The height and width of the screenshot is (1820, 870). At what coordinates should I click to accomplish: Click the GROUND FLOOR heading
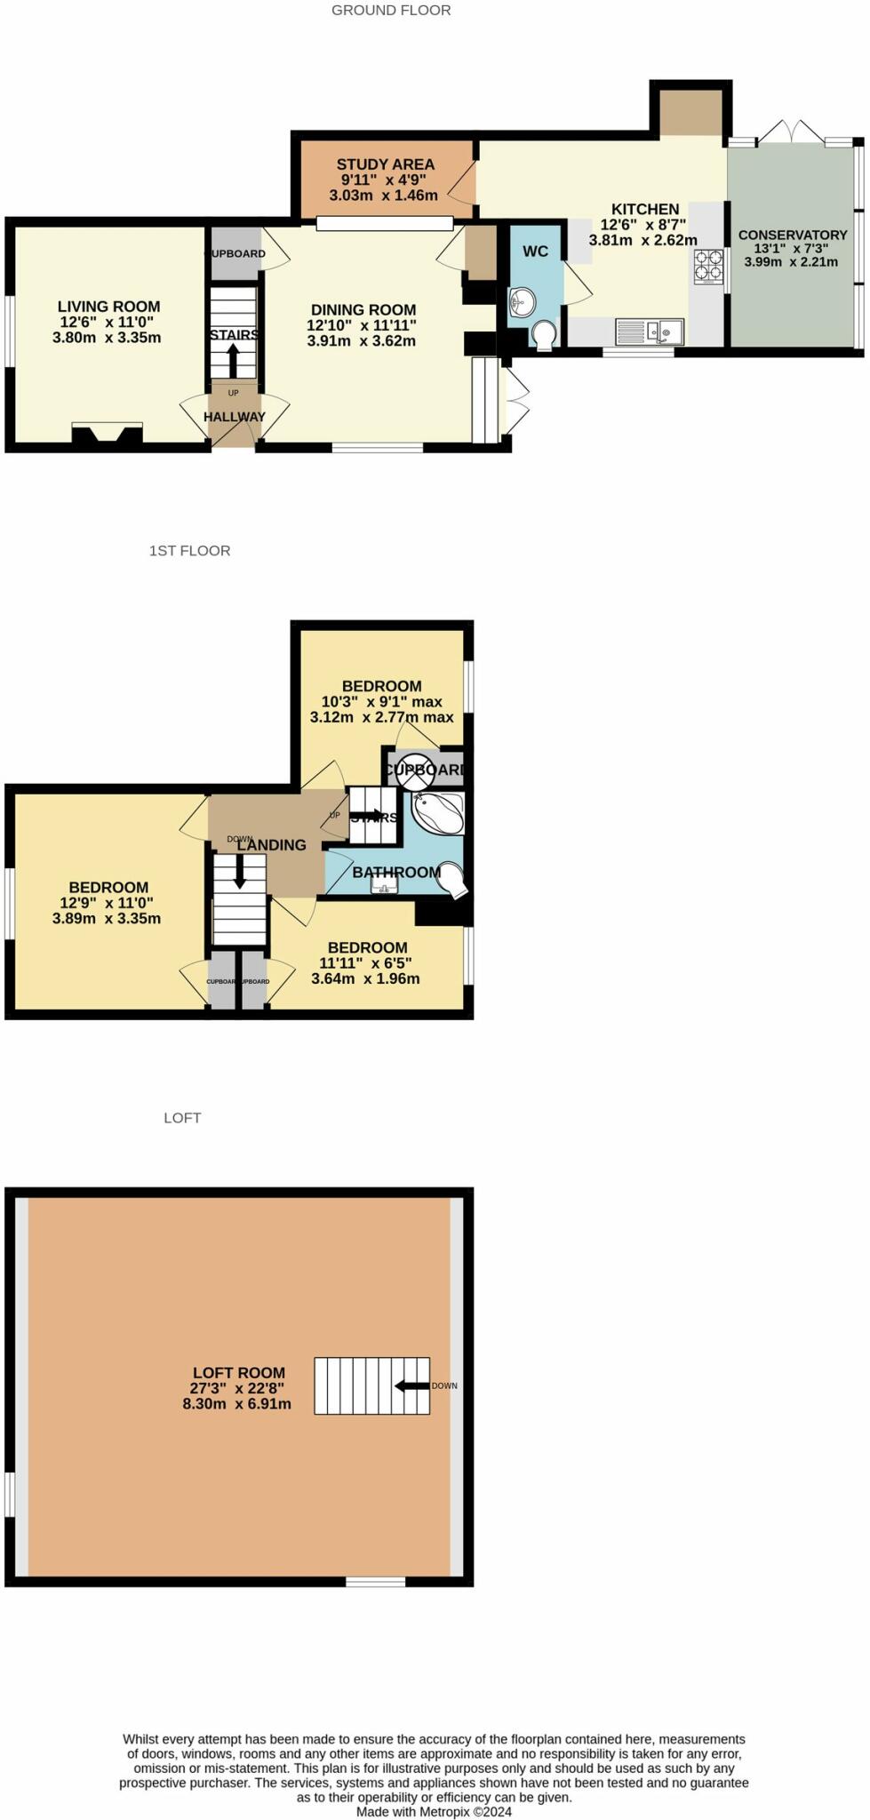pyautogui.click(x=391, y=11)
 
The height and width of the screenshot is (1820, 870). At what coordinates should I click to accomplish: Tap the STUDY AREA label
pyautogui.click(x=385, y=164)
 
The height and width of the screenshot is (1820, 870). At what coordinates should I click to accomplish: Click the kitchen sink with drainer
pyautogui.click(x=650, y=331)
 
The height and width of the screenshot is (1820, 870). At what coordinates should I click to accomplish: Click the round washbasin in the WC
pyautogui.click(x=522, y=302)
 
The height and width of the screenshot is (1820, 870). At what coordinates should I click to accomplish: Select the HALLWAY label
pyautogui.click(x=235, y=416)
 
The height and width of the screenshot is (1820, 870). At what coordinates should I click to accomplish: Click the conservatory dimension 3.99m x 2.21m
pyautogui.click(x=791, y=261)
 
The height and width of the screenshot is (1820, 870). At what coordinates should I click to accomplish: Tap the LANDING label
pyautogui.click(x=271, y=845)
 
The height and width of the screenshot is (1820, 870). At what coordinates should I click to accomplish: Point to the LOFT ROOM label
pyautogui.click(x=239, y=1373)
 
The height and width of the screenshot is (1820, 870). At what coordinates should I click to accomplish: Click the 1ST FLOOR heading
pyautogui.click(x=189, y=551)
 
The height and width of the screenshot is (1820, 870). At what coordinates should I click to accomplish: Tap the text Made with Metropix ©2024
pyautogui.click(x=434, y=1811)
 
